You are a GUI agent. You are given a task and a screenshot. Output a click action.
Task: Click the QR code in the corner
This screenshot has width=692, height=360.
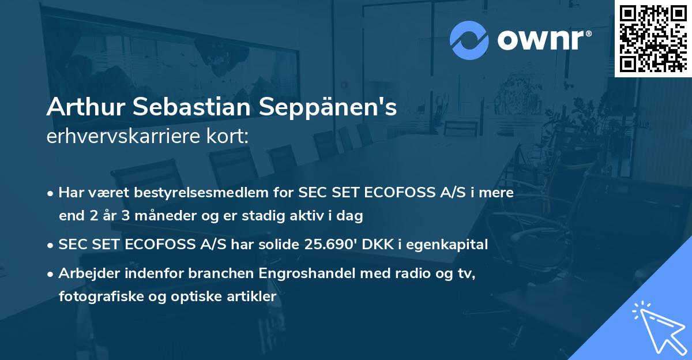653,38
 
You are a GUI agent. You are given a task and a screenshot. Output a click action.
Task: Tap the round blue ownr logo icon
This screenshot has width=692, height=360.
469,39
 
